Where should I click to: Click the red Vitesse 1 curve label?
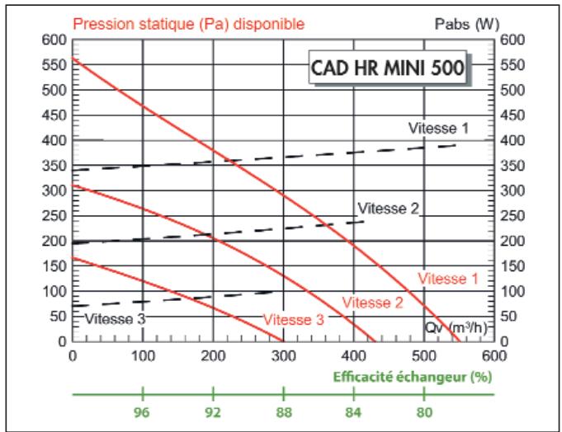[446, 279]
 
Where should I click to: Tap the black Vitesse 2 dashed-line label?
[388, 208]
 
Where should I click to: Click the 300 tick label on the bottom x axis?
[283, 355]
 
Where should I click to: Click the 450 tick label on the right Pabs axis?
[512, 115]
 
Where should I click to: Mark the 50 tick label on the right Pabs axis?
[509, 317]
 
